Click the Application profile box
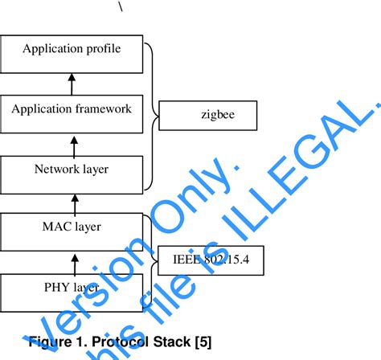(72, 50)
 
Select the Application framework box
(72, 108)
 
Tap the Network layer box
(72, 169)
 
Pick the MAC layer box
(72, 227)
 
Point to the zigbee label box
(207, 115)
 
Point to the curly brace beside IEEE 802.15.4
(150, 257)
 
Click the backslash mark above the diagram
(122, 6)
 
